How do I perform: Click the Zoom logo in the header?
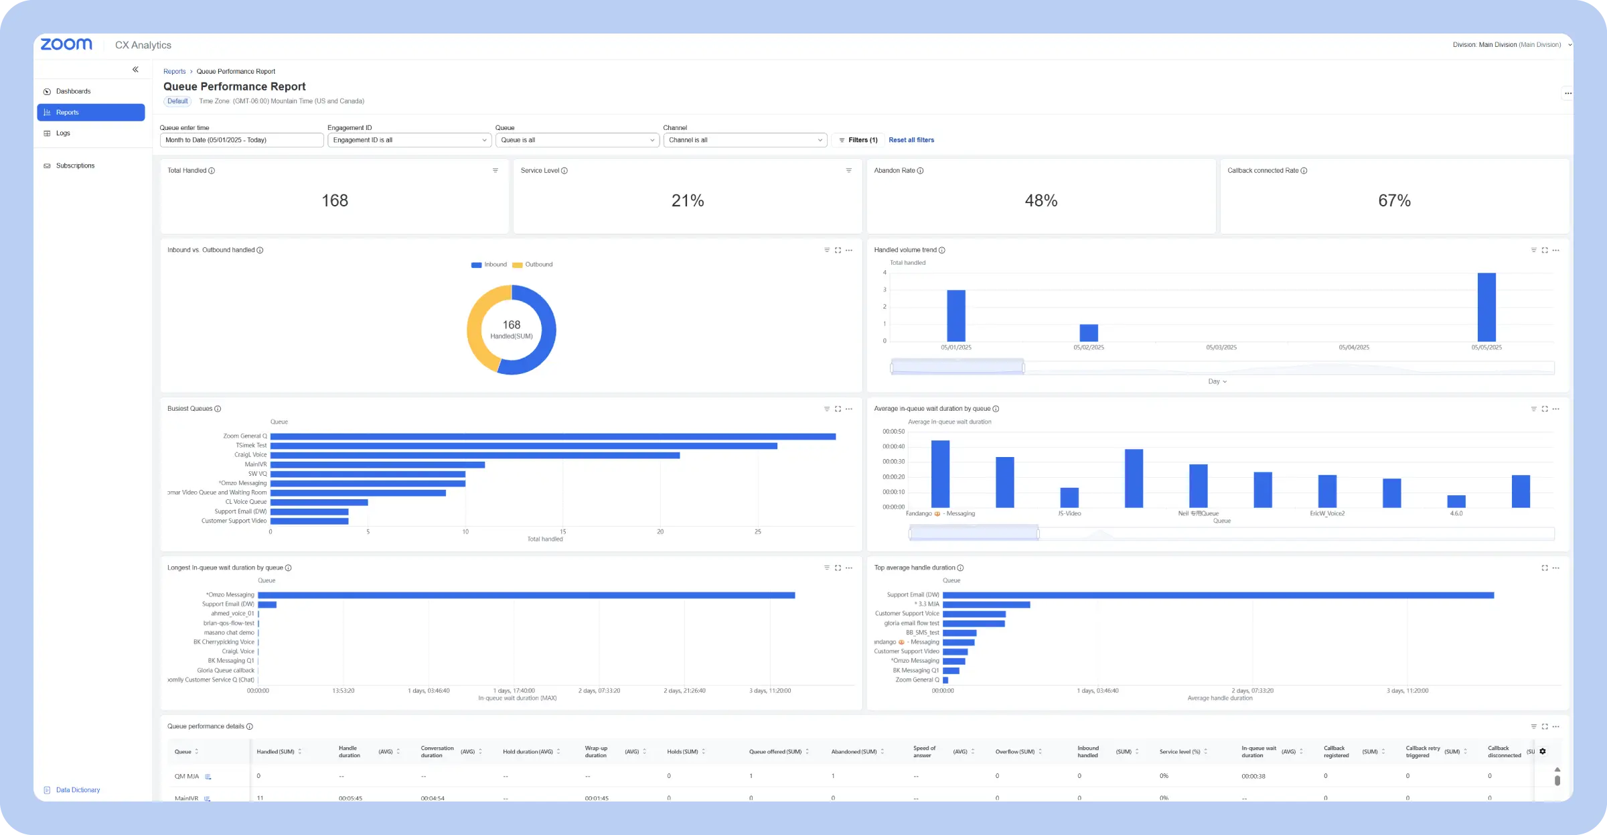[x=66, y=44]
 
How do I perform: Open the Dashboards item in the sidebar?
[x=73, y=91]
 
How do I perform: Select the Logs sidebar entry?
[x=63, y=133]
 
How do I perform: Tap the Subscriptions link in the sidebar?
[x=75, y=166]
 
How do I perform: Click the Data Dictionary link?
[x=78, y=790]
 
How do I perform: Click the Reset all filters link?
[x=911, y=140]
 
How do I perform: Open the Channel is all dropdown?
[x=745, y=140]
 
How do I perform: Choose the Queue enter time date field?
[x=241, y=140]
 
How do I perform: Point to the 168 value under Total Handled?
[x=335, y=200]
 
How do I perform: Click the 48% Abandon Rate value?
[x=1041, y=200]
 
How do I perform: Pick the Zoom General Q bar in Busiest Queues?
[x=552, y=436]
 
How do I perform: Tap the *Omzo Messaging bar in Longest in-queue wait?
[x=526, y=595]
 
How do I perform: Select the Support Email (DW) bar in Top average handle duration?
[x=1217, y=595]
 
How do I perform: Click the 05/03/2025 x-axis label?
[x=1221, y=348]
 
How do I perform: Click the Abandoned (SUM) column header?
[x=854, y=752]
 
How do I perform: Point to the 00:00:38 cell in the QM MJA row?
[x=1253, y=776]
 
